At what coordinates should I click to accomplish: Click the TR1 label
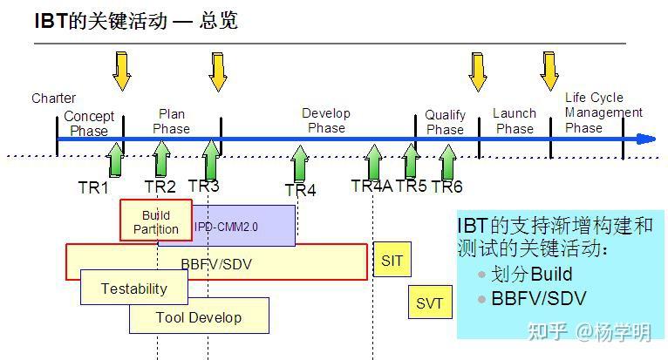click(x=93, y=187)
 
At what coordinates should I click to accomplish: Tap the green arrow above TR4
click(x=300, y=163)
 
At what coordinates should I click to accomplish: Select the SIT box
click(x=392, y=260)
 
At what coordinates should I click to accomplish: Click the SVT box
click(x=430, y=302)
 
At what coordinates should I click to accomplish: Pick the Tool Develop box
click(x=199, y=316)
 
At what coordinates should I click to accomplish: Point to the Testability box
click(x=134, y=287)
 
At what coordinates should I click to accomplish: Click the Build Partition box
click(x=156, y=220)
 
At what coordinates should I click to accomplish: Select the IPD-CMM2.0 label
click(x=226, y=227)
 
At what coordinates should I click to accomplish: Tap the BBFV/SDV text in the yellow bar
click(x=216, y=264)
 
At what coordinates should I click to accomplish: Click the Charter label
click(x=54, y=98)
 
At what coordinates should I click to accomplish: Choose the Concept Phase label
click(x=89, y=123)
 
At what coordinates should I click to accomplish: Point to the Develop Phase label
click(x=326, y=120)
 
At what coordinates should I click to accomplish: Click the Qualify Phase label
click(x=446, y=122)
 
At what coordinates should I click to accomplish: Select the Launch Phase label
click(x=515, y=120)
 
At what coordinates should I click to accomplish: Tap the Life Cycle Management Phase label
click(x=603, y=112)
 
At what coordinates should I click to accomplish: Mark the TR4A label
click(x=371, y=186)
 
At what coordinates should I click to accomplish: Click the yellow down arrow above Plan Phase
click(x=218, y=72)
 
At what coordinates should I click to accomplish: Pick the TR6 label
click(x=446, y=187)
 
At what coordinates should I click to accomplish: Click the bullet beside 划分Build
click(x=482, y=275)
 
